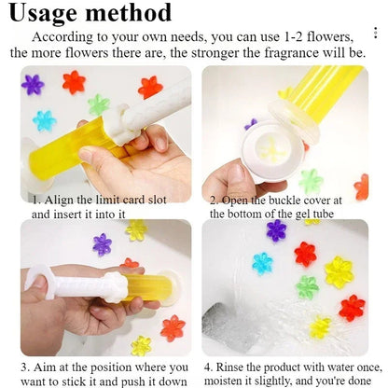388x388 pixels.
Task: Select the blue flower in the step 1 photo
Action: [44, 120]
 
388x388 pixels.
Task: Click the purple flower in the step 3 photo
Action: [103, 244]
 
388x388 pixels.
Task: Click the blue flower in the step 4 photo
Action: [262, 263]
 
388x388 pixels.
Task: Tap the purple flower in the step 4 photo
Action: [276, 230]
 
